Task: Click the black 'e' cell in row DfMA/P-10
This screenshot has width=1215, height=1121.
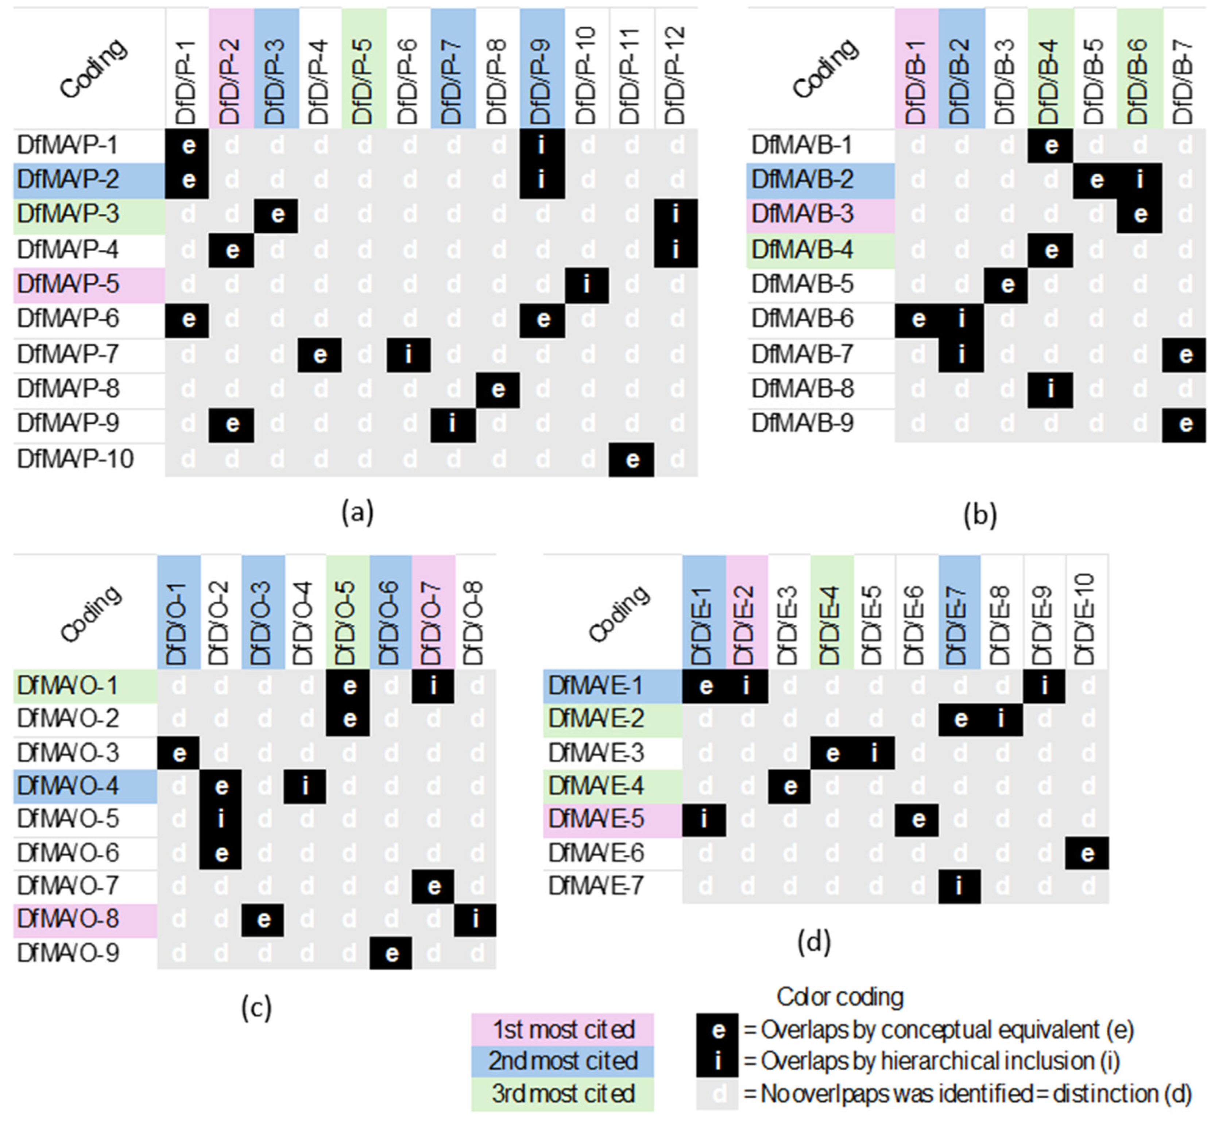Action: pos(631,459)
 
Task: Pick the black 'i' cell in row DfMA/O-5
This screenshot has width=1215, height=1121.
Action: pos(221,819)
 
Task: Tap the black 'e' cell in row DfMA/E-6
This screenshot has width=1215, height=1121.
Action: pos(1087,853)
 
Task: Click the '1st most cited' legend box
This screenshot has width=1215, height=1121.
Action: pos(562,1029)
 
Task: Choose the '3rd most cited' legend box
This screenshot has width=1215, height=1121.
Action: pos(562,1094)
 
